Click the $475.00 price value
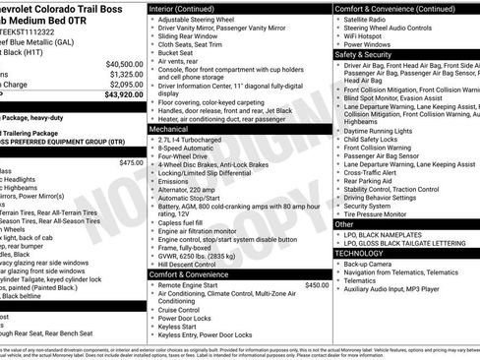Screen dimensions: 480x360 130,162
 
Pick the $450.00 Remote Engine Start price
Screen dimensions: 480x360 316,284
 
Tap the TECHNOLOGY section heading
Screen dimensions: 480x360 360,253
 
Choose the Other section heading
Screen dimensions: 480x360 344,224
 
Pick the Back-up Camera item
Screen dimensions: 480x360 368,264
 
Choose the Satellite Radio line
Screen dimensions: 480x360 367,19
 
